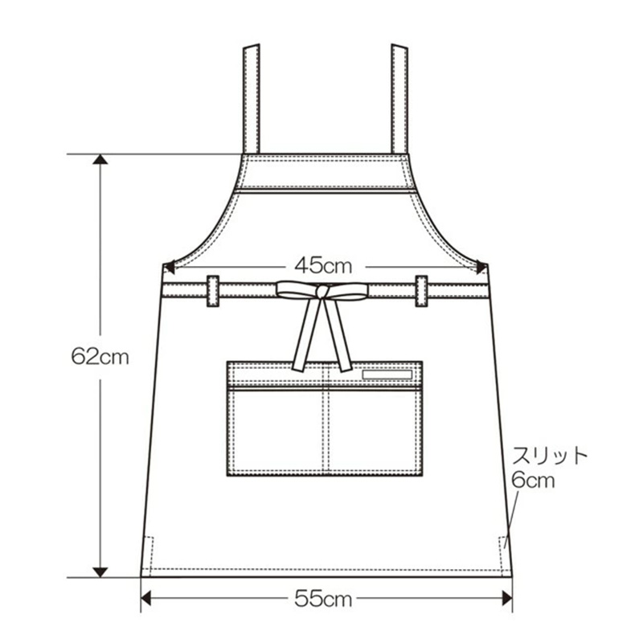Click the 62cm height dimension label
point(100,357)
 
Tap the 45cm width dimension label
point(323,266)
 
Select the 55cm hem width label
point(323,599)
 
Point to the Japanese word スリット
point(550,455)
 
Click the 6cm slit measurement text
point(533,479)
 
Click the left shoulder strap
point(252,99)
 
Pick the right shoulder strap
point(399,99)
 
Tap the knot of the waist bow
point(323,292)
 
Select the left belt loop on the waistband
point(213,291)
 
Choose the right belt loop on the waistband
point(421,291)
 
